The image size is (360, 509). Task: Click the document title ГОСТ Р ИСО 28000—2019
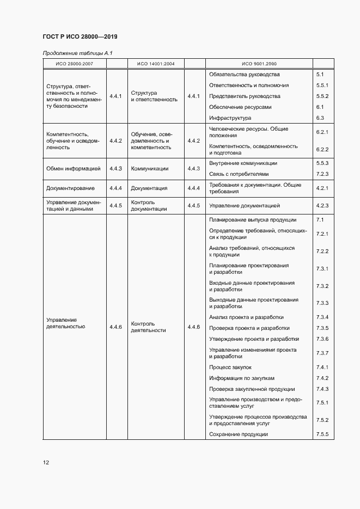coord(80,37)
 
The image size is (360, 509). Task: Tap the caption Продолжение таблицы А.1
coord(77,53)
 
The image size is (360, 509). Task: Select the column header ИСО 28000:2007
coord(75,64)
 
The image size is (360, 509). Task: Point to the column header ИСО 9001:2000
coord(259,64)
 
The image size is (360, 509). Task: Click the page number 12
coord(46,463)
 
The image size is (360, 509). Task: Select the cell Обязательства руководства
coord(244,74)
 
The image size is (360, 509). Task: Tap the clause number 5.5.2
coord(322,96)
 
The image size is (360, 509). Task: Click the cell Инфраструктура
coord(230,118)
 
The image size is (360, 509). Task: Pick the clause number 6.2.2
coord(322,150)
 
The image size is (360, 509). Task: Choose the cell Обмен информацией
coord(74,169)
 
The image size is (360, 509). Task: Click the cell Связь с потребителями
coord(239,174)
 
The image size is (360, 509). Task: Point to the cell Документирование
coord(70,188)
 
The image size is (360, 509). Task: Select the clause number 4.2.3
coord(322,206)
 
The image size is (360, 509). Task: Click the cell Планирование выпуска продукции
coord(253,220)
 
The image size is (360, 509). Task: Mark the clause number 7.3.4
coord(322,317)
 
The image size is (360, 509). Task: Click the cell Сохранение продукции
coord(239,434)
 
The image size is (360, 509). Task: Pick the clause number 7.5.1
coord(322,403)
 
